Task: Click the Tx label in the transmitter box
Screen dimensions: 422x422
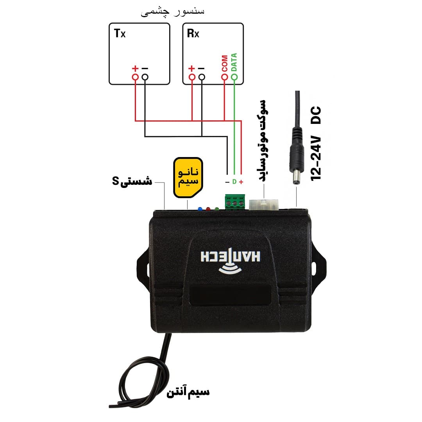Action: [x=120, y=33]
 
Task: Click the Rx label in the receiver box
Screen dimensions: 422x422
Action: [x=193, y=33]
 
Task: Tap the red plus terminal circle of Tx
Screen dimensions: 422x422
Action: [x=135, y=77]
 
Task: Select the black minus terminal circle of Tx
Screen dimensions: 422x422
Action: [x=145, y=77]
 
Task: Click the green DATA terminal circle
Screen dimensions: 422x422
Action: [x=234, y=77]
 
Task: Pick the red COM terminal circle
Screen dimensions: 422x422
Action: [x=224, y=77]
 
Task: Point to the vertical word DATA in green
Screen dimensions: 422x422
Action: [x=234, y=62]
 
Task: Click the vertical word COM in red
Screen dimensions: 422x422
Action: [x=225, y=64]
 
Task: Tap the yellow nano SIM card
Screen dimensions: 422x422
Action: [x=188, y=177]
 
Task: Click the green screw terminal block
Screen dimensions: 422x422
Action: [x=235, y=202]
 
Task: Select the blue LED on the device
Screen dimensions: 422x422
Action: [x=200, y=209]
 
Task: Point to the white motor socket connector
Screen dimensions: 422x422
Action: [x=263, y=204]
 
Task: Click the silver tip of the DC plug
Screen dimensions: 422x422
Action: [x=297, y=179]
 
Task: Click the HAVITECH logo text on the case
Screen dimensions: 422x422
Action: [x=231, y=256]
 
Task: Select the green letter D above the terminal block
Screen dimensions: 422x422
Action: [x=234, y=182]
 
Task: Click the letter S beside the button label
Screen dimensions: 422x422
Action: [x=115, y=181]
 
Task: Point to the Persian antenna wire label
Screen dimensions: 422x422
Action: [x=188, y=392]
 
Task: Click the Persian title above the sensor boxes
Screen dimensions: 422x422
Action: [x=173, y=12]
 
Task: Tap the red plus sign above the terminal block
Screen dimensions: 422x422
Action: [x=241, y=182]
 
